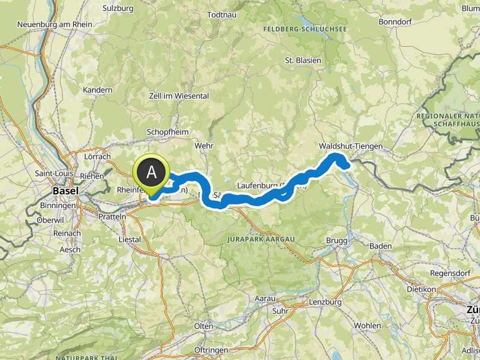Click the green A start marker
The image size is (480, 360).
[151, 171]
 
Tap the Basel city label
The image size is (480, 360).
[66, 191]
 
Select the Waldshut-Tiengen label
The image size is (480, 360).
[350, 146]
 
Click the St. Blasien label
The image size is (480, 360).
[302, 61]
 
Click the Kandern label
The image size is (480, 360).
[97, 90]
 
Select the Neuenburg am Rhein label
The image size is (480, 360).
[55, 24]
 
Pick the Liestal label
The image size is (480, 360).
[129, 239]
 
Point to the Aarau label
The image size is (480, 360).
[265, 299]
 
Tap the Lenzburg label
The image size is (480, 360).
[325, 302]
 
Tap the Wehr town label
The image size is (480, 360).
[204, 145]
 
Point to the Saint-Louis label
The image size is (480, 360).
[52, 173]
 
